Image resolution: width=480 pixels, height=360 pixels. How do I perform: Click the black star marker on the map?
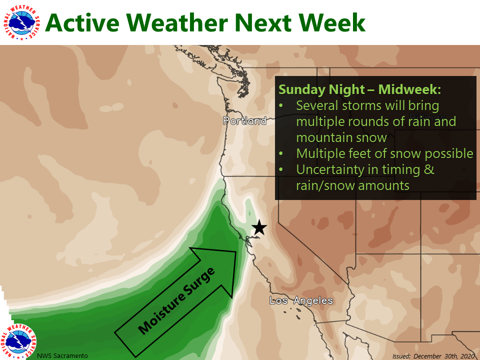pos(259,227)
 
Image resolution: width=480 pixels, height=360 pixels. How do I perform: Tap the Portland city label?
pos(244,121)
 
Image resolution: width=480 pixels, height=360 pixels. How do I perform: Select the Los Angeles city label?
pos(301,301)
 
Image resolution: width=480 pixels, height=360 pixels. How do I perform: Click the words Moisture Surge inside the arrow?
pos(176,300)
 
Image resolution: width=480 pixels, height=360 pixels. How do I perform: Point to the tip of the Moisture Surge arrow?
pos(236,252)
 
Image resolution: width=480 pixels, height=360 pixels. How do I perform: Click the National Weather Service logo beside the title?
pos(21,22)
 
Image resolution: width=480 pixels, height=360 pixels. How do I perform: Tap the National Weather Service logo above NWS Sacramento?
pos(18,341)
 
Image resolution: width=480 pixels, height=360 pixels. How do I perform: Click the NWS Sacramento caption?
pos(62,355)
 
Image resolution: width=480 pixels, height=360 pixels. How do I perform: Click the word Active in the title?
pos(82,22)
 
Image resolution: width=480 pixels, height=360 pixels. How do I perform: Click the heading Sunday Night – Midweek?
pos(359,89)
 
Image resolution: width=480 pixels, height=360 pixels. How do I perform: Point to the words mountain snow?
pos(341,138)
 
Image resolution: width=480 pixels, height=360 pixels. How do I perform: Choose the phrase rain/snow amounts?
pos(352,185)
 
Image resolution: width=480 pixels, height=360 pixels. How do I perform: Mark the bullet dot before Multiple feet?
pos(281,153)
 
